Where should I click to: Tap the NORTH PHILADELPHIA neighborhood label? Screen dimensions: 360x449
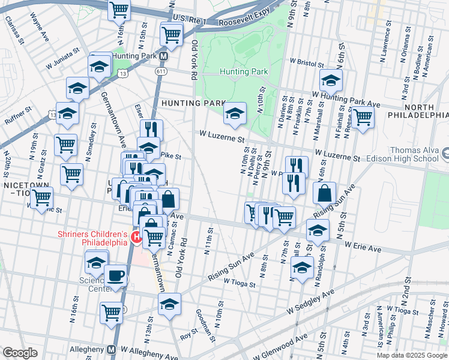[x=418, y=109]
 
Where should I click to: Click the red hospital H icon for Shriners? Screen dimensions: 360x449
[x=136, y=238]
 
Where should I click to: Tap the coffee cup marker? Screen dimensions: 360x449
[x=115, y=276]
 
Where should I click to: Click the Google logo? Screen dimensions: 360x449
[x=20, y=353]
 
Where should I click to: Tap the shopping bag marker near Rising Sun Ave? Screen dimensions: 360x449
[x=324, y=194]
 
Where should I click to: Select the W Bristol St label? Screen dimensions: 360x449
[x=310, y=62]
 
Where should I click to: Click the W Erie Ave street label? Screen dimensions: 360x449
[x=363, y=247]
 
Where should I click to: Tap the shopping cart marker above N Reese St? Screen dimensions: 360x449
[x=363, y=118]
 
